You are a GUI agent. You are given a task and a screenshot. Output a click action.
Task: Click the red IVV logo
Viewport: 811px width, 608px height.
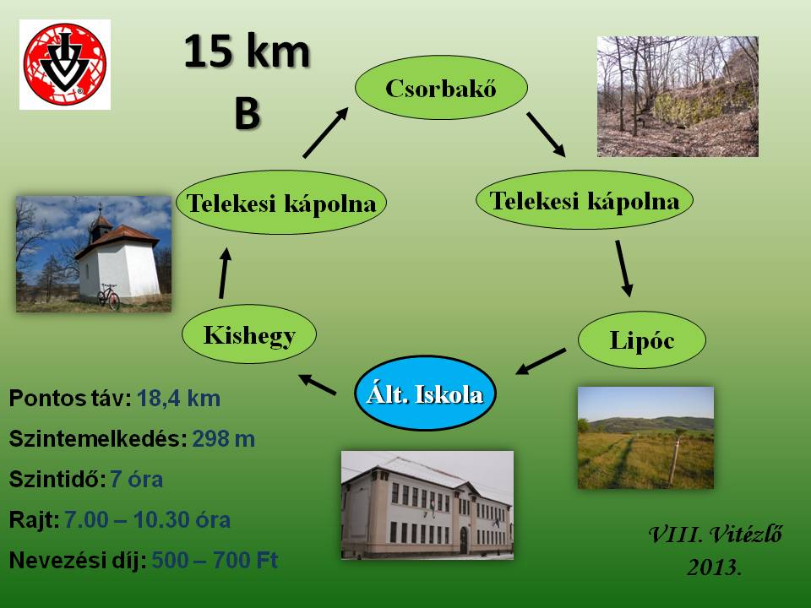[x=65, y=65]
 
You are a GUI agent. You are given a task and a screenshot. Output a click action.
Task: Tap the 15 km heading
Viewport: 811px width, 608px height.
[x=247, y=51]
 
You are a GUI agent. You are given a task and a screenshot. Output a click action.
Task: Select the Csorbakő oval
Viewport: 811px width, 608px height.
[x=441, y=87]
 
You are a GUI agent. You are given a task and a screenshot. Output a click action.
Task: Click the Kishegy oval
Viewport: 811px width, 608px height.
[x=249, y=334]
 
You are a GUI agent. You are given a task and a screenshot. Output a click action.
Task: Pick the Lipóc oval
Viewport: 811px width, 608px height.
[x=642, y=339]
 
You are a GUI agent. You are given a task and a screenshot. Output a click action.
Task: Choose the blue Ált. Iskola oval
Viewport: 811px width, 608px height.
[x=425, y=393]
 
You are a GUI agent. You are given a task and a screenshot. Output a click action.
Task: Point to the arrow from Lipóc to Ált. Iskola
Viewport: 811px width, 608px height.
[x=541, y=361]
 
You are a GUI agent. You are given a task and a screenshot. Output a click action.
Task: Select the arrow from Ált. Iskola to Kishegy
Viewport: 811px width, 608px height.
[x=317, y=385]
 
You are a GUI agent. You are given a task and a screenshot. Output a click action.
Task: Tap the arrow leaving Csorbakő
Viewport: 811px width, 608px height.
[x=547, y=134]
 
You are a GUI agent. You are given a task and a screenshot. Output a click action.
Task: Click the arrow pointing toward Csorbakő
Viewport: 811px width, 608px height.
[x=325, y=133]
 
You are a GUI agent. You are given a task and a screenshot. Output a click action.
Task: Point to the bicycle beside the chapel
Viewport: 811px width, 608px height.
[x=109, y=296]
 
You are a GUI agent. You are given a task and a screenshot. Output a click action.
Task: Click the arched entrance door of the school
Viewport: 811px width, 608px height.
[x=464, y=540]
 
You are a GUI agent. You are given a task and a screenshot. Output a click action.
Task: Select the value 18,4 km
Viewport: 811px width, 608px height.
[x=179, y=399]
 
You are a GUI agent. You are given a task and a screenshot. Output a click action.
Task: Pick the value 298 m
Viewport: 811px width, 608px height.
[x=223, y=439]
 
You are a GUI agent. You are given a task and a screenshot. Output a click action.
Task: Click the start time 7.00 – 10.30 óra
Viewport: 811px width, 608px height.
[x=147, y=519]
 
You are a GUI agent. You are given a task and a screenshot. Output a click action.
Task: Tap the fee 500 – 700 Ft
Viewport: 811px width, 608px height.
[x=215, y=560]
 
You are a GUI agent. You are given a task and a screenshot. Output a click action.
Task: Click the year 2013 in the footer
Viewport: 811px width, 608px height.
[x=715, y=567]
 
